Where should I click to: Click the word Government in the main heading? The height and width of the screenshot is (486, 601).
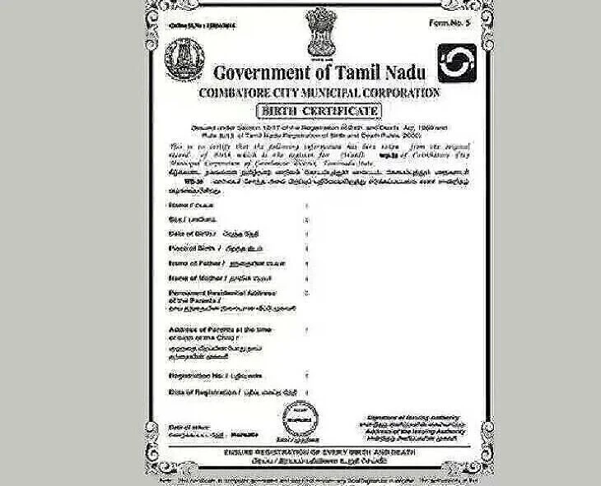click(263, 72)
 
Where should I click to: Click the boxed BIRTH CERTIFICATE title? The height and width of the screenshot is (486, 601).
click(318, 110)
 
